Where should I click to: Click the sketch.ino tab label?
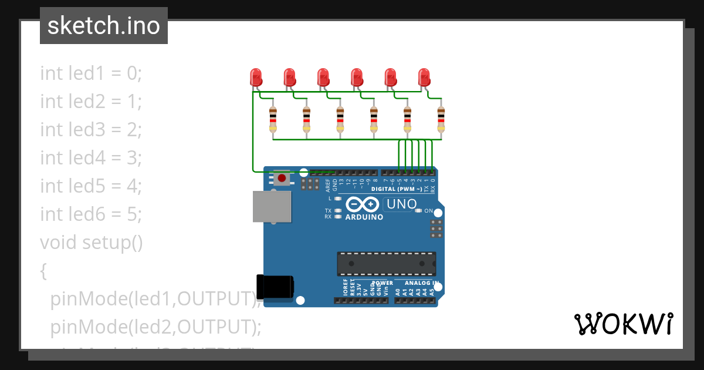pyautogui.click(x=104, y=26)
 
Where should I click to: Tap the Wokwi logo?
pyautogui.click(x=623, y=324)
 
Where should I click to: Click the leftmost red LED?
pyautogui.click(x=256, y=78)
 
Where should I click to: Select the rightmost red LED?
pyautogui.click(x=424, y=78)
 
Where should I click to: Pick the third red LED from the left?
pyautogui.click(x=323, y=78)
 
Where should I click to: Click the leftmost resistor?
pyautogui.click(x=273, y=119)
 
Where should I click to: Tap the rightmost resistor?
pyautogui.click(x=441, y=119)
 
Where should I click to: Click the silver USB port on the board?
pyautogui.click(x=272, y=206)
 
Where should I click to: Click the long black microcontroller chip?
pyautogui.click(x=386, y=264)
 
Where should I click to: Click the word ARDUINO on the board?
pyautogui.click(x=364, y=217)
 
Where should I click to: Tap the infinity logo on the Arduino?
pyautogui.click(x=363, y=204)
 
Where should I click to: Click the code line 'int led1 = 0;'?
pyautogui.click(x=92, y=73)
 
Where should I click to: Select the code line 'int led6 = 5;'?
pyautogui.click(x=92, y=214)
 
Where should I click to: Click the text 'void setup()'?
pyautogui.click(x=92, y=242)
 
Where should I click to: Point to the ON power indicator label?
pyautogui.click(x=428, y=211)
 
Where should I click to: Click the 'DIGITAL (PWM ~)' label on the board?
pyautogui.click(x=397, y=189)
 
